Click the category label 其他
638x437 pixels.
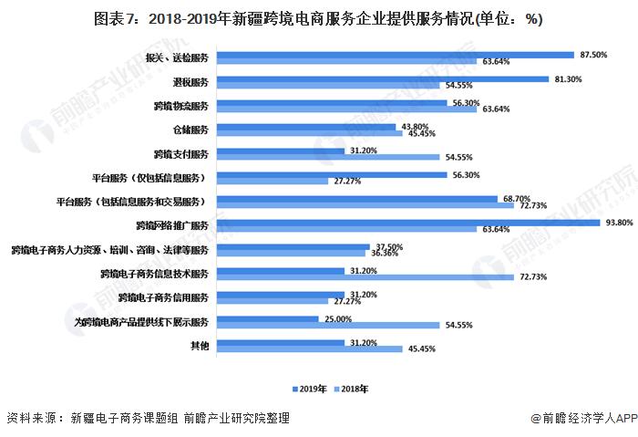(201, 345)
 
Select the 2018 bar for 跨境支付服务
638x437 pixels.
(315, 157)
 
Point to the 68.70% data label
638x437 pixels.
(514, 198)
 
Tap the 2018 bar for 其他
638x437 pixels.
(311, 349)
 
